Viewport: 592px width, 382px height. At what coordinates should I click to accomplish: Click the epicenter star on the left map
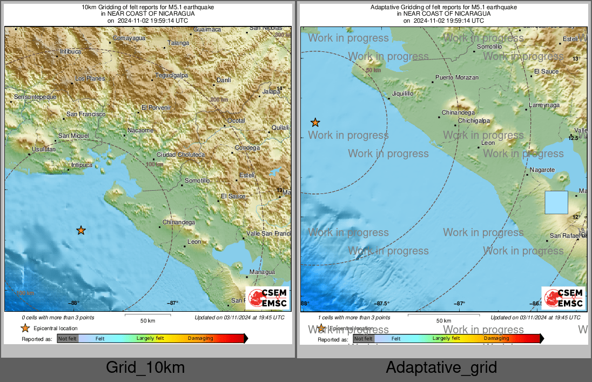(80, 231)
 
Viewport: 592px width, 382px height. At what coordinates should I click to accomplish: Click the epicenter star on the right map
(315, 123)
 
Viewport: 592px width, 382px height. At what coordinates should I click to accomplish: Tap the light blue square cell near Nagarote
(556, 203)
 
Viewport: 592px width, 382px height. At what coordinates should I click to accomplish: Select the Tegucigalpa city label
(171, 75)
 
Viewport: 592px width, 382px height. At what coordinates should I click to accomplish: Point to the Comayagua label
(129, 38)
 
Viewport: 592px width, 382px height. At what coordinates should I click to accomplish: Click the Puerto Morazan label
(457, 78)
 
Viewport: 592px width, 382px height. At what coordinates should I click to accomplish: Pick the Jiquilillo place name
(401, 93)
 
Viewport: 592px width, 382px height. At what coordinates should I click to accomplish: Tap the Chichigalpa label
(474, 121)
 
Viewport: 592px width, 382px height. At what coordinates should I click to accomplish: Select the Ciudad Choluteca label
(180, 155)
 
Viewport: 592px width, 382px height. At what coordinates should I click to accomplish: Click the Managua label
(263, 272)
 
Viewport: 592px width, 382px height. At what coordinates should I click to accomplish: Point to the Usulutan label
(44, 149)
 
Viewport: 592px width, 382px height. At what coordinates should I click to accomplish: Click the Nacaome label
(140, 130)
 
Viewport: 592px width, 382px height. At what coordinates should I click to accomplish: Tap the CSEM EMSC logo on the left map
(268, 298)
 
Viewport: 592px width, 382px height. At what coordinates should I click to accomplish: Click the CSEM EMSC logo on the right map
(564, 298)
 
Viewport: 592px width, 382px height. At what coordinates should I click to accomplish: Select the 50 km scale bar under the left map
(147, 314)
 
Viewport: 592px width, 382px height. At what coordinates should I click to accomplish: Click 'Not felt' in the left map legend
(68, 339)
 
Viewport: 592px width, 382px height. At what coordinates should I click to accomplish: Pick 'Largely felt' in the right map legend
(446, 338)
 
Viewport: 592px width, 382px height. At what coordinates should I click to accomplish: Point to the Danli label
(223, 80)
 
